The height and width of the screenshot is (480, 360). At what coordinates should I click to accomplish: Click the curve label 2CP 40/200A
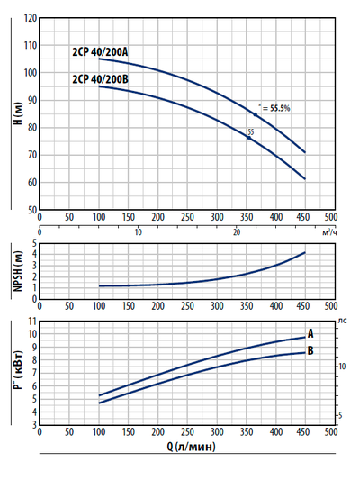point(100,51)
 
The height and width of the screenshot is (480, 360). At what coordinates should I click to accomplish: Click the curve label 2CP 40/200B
point(100,79)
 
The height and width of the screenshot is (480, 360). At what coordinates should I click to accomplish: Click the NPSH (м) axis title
point(15,270)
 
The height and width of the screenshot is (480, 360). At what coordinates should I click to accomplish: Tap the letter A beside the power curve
point(310,334)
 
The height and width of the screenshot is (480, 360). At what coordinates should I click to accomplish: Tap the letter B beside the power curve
point(310,350)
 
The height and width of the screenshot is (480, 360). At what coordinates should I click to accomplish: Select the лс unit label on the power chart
point(342,321)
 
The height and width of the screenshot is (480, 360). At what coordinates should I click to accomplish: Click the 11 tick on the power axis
point(31,322)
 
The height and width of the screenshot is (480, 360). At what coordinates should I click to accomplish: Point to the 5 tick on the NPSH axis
point(33,243)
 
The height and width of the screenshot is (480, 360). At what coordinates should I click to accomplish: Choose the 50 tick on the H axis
point(31,210)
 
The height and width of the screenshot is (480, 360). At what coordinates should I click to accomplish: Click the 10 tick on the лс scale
point(343,366)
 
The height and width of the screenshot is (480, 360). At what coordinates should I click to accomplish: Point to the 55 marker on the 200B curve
point(250,133)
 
